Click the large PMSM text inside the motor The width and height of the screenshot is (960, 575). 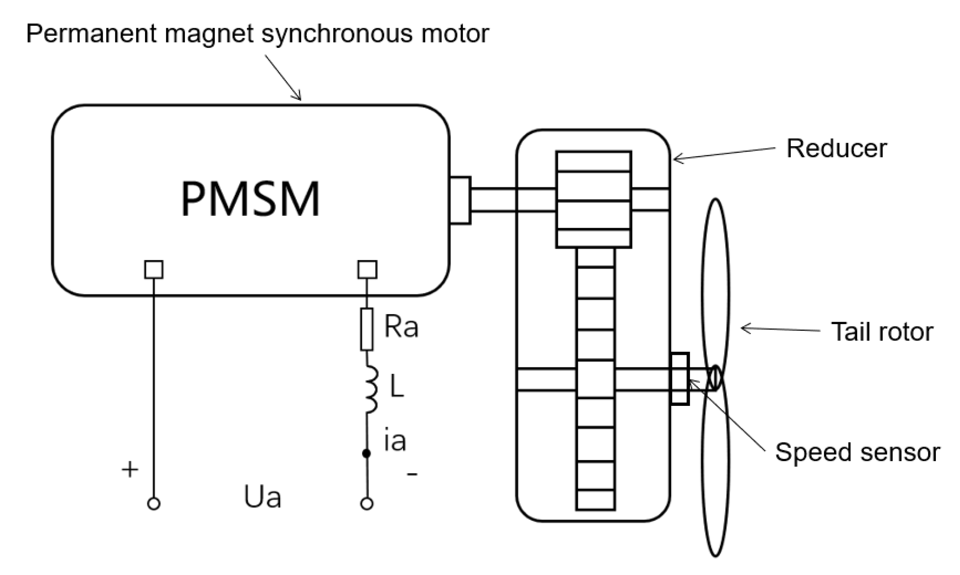(250, 199)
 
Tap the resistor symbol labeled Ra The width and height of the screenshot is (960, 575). (366, 329)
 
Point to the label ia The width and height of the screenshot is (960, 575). (395, 441)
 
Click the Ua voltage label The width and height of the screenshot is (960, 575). (262, 497)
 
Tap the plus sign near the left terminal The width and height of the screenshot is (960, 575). (130, 469)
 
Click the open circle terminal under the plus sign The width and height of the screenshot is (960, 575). (153, 504)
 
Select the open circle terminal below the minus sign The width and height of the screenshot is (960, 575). (367, 504)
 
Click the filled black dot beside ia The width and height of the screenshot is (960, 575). (366, 453)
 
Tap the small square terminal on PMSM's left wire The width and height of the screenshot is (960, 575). (153, 270)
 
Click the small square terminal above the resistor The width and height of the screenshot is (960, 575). (367, 270)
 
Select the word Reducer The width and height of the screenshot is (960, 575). (836, 149)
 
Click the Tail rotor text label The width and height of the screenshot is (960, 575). (882, 332)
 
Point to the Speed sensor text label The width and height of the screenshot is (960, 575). (857, 452)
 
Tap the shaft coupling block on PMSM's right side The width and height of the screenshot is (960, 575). (460, 200)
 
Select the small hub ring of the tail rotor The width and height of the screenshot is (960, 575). (715, 378)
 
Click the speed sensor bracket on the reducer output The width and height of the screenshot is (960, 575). (680, 379)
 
